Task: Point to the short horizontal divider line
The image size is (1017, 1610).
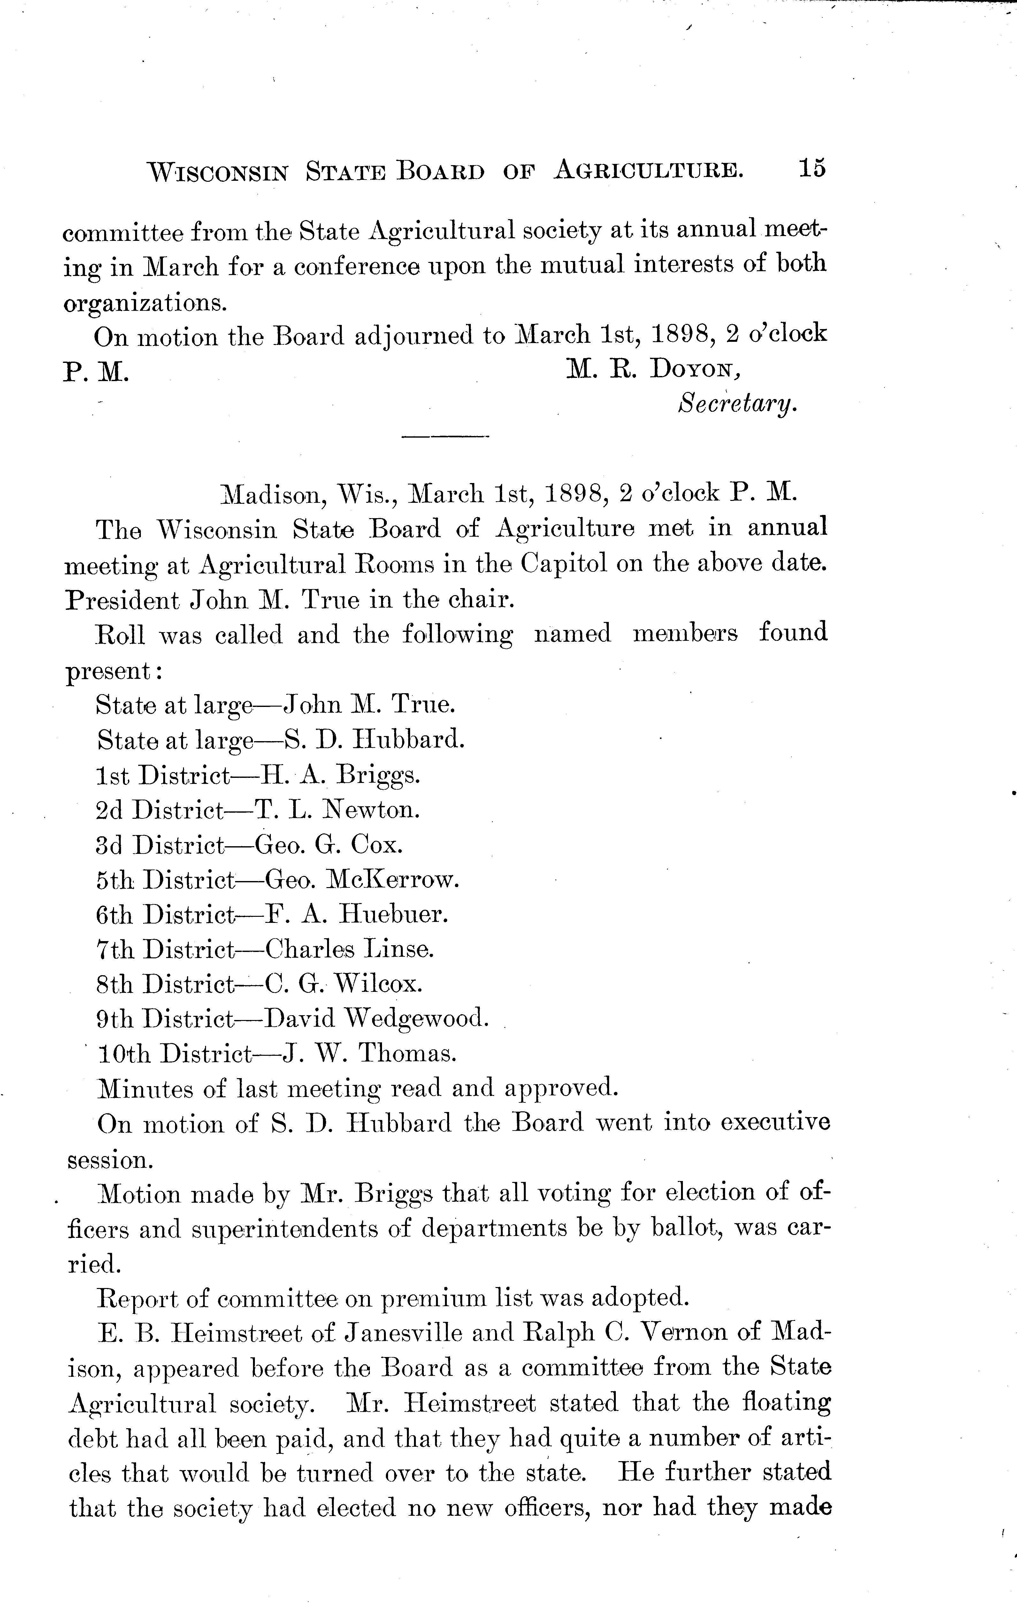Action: click(x=445, y=438)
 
